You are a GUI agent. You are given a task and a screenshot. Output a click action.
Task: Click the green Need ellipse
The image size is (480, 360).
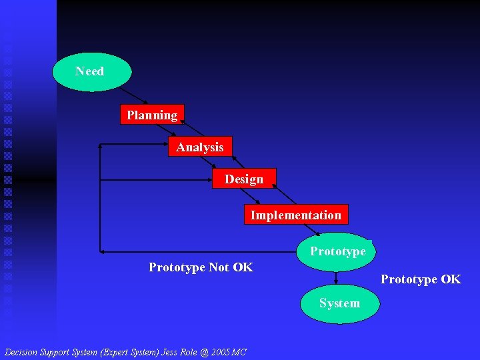[x=92, y=71]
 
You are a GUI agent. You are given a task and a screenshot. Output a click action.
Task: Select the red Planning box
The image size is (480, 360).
[x=152, y=115]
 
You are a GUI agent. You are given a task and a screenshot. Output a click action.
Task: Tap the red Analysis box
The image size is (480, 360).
[x=200, y=147]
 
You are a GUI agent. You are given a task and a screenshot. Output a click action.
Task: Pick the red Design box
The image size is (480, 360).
[x=244, y=179]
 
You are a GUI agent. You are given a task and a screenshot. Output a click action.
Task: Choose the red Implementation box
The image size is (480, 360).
[x=295, y=215]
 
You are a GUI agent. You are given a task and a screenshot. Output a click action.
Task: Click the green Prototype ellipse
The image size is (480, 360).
[x=337, y=251]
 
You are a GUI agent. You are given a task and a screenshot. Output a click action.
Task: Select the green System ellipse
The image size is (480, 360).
[x=339, y=303]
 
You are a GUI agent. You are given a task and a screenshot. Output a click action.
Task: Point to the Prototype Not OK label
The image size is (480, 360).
[x=201, y=267]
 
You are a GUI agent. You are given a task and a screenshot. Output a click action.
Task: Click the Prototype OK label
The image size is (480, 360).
[x=421, y=279]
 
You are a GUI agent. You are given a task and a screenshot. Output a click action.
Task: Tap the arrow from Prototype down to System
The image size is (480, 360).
[x=337, y=278]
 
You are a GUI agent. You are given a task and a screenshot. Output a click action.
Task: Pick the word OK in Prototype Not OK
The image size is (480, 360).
[x=243, y=267]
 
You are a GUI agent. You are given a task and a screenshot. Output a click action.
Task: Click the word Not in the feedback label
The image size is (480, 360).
[x=219, y=267]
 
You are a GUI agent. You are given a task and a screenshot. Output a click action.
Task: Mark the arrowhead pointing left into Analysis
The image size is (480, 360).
[x=101, y=144]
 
